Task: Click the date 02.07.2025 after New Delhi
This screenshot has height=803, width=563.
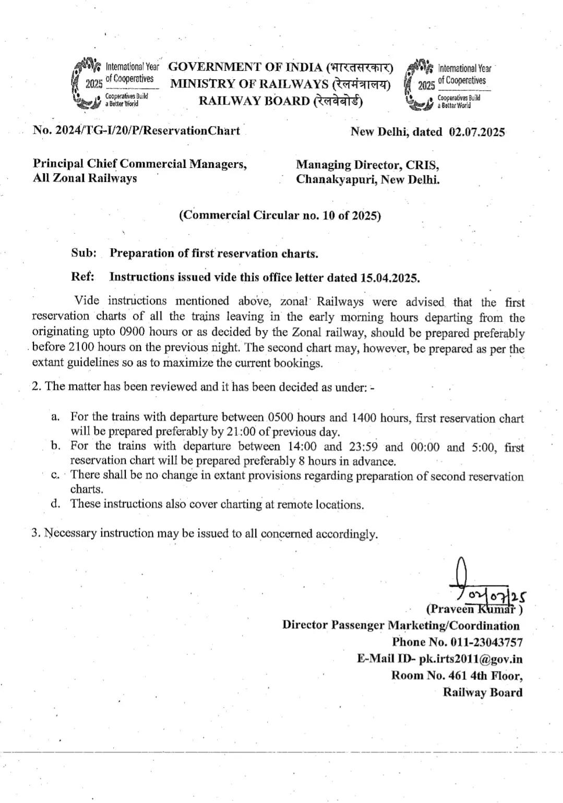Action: click(476, 132)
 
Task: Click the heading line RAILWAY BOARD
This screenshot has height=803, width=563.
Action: click(280, 101)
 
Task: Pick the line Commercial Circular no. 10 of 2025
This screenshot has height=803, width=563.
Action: click(280, 215)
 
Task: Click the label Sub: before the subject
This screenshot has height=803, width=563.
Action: click(83, 253)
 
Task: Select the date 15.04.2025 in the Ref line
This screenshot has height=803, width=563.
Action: click(389, 277)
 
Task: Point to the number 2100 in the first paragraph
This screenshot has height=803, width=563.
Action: click(81, 348)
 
